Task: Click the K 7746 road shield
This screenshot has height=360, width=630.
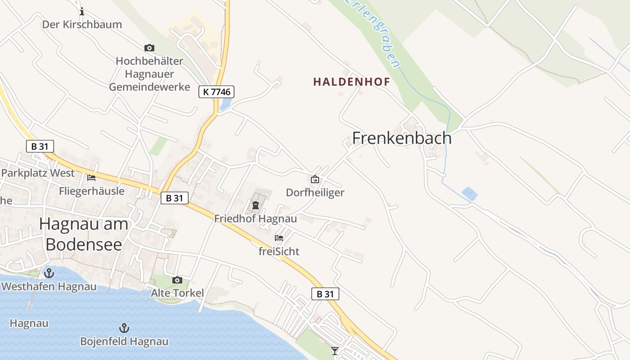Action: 216,92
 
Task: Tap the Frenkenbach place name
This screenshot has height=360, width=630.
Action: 402,138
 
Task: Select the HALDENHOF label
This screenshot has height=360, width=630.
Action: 351,81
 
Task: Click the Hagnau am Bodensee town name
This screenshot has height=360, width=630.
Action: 84,234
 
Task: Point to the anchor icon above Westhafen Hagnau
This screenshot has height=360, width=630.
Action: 49,273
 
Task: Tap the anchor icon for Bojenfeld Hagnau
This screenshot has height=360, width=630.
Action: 124,328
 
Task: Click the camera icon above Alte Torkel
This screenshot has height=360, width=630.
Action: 177,280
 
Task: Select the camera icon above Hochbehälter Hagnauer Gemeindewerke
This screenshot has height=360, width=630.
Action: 149,48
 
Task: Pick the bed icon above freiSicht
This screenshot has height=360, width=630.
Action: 279,238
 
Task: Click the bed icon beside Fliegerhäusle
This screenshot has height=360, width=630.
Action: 91,177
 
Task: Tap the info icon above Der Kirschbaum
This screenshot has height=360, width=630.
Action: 81,11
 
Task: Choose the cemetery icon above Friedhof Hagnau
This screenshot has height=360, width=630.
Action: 256,206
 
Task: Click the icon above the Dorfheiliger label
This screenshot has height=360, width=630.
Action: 315,179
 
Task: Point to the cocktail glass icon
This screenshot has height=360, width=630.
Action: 335,351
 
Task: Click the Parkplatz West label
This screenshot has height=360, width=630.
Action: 38,173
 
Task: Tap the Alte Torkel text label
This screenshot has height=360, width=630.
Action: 177,293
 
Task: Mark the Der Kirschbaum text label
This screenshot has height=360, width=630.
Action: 82,24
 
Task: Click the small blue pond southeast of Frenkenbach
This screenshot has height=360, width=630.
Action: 469,193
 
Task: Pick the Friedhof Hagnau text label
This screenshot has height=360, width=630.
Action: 256,219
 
